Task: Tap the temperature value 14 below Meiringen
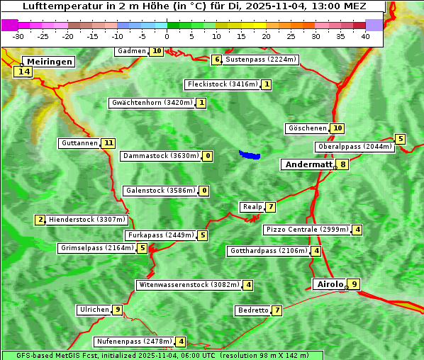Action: pos(24,72)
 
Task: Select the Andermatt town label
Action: pos(308,164)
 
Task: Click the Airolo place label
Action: pos(330,284)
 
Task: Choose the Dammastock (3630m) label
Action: pos(160,156)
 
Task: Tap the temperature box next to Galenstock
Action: pos(204,191)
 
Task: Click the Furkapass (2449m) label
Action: pos(160,235)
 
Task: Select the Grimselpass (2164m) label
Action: pos(97,248)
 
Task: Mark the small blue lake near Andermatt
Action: pos(250,154)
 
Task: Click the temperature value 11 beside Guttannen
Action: pos(108,143)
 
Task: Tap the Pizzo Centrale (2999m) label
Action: pos(308,230)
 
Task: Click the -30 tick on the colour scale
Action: pos(18,36)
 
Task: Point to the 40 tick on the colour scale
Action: pos(365,36)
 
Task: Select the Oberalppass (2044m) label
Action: pos(355,147)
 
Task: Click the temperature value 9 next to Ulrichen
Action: pos(118,310)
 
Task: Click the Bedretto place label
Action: pos(253,310)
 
